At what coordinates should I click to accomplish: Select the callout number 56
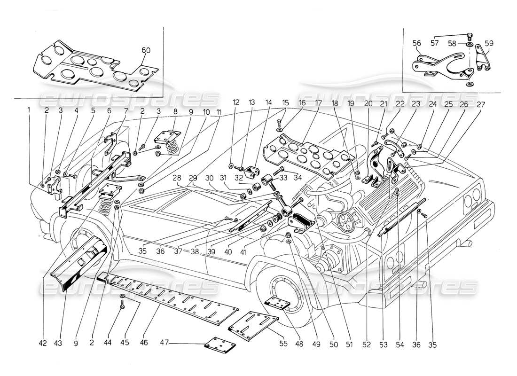coord(416,43)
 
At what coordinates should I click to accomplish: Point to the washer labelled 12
coord(231,165)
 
